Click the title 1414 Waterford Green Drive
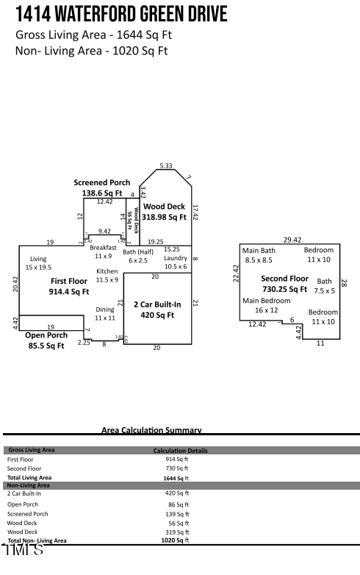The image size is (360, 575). (121, 14)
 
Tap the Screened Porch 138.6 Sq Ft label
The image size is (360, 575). (101, 187)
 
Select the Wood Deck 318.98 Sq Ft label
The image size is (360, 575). (164, 212)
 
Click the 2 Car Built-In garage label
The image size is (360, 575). (157, 309)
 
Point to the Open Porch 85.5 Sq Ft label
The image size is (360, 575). (46, 340)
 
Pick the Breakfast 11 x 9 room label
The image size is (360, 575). (103, 251)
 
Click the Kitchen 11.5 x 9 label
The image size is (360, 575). (107, 275)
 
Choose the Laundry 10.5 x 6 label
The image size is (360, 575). (176, 262)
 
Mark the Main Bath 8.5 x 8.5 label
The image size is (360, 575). (259, 255)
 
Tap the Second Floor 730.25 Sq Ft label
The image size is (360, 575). (284, 284)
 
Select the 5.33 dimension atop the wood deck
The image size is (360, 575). (166, 166)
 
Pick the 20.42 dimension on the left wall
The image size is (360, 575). (15, 284)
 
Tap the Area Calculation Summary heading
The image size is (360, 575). (151, 430)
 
